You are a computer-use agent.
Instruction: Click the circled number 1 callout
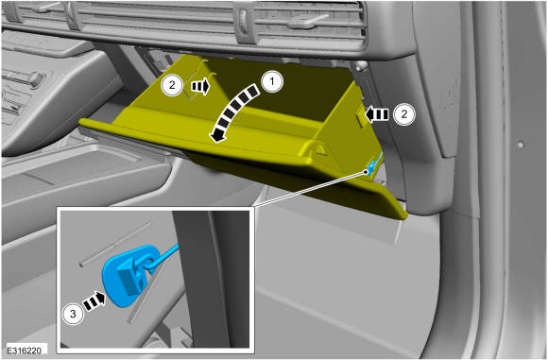[x=272, y=82]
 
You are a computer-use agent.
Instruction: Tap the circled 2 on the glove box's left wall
[x=172, y=85]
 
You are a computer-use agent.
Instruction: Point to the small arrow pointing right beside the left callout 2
[x=200, y=86]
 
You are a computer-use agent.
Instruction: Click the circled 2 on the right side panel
[x=404, y=114]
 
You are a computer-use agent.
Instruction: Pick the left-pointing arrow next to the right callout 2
[x=376, y=114]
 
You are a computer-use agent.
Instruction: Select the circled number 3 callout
[x=73, y=314]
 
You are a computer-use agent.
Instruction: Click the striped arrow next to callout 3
[x=94, y=301]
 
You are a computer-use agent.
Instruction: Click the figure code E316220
[x=25, y=351]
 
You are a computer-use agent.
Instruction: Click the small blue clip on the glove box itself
[x=371, y=164]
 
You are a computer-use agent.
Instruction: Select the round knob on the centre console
[x=35, y=79]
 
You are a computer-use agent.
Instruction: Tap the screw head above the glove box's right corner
[x=360, y=65]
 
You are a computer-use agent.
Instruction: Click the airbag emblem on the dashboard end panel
[x=450, y=94]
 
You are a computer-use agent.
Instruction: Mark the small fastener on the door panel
[x=522, y=144]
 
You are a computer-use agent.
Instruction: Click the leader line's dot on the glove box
[x=367, y=172]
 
